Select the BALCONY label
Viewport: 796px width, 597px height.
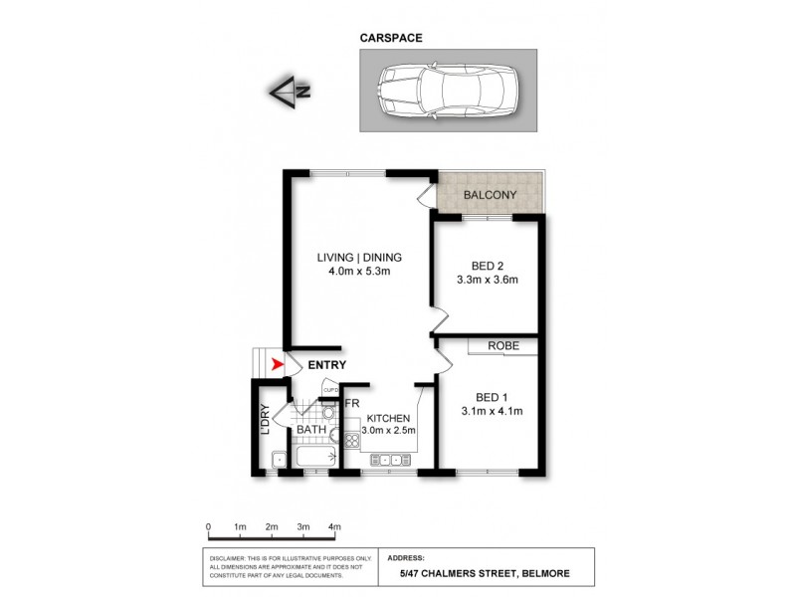tap(490, 195)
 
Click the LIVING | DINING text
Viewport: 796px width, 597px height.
tap(359, 254)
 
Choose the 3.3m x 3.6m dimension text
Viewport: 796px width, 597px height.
tap(487, 280)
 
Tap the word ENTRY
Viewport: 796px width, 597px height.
tap(326, 365)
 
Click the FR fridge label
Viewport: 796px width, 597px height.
tap(351, 403)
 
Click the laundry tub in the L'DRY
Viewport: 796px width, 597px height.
tap(280, 459)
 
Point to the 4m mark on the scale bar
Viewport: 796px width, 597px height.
tap(334, 526)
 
